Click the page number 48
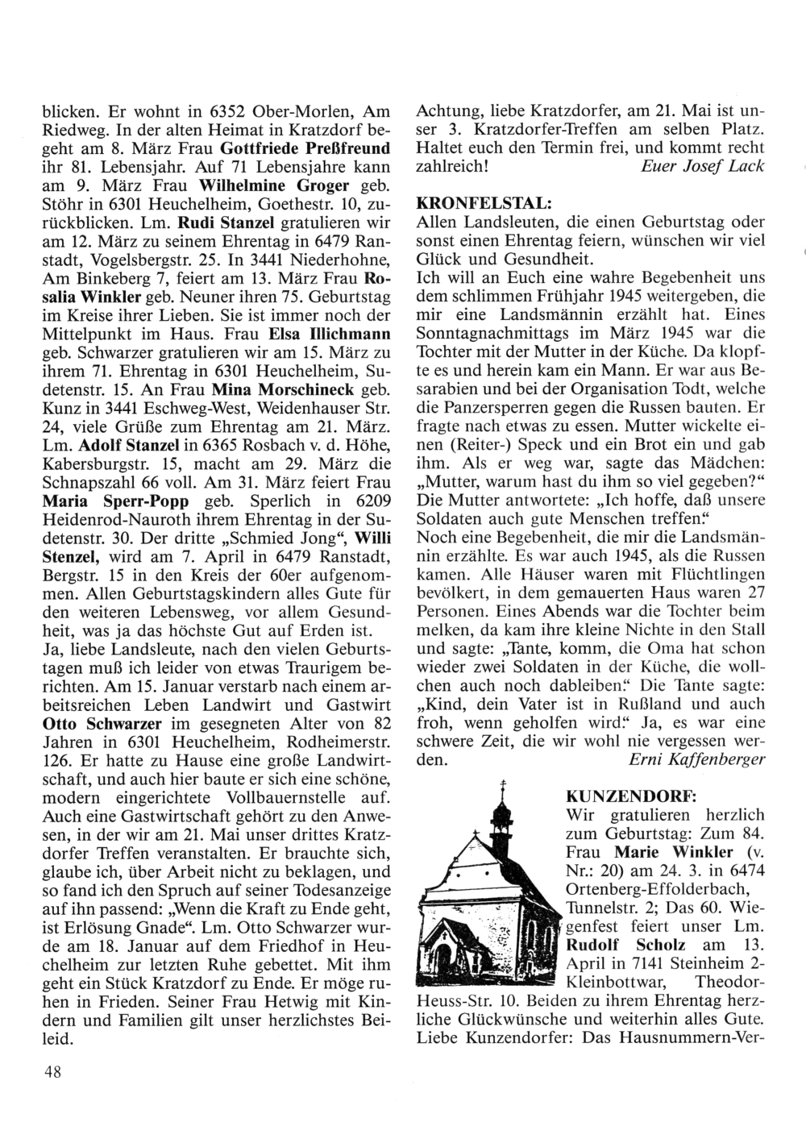48,1070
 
